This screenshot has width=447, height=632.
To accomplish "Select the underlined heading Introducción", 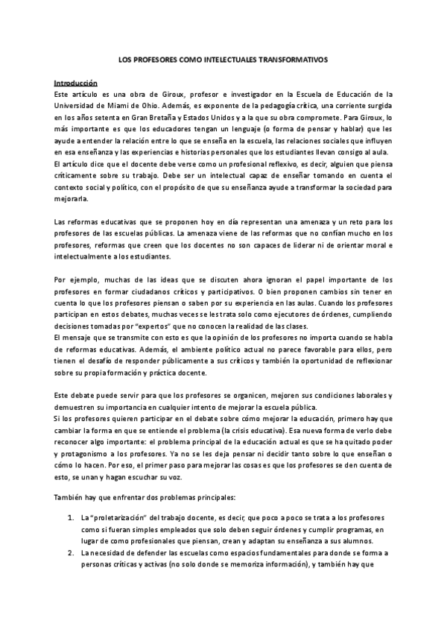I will pos(76,83).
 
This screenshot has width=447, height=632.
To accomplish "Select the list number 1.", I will pos(69,497).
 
